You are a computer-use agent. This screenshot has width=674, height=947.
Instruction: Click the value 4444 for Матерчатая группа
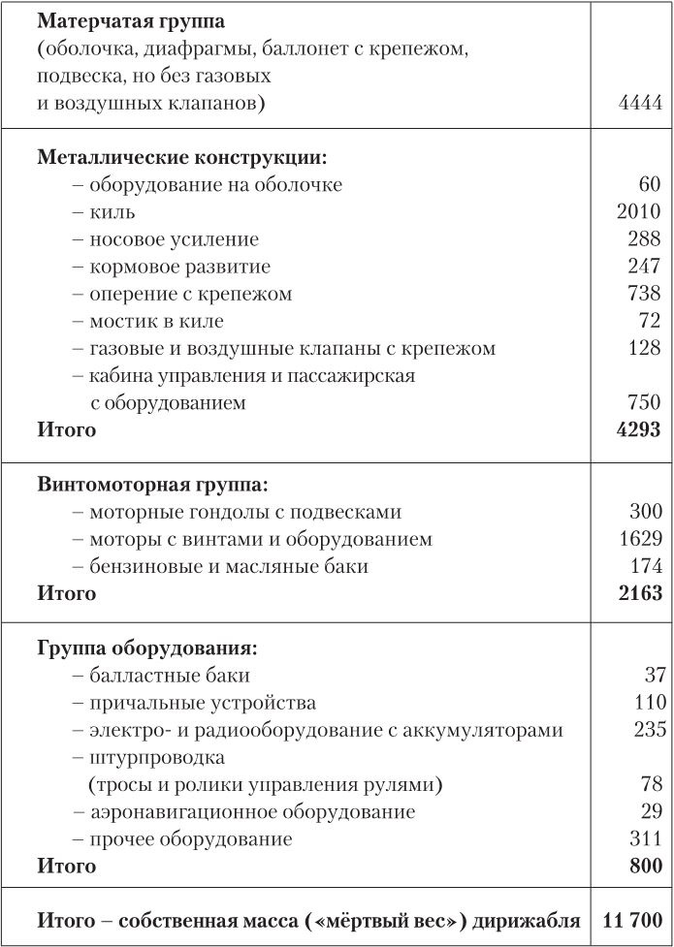tap(639, 103)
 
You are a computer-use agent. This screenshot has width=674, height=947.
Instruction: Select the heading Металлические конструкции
tap(181, 157)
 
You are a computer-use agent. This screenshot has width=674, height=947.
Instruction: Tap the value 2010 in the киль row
tap(638, 211)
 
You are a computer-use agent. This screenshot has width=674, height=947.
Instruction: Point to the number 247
tap(644, 266)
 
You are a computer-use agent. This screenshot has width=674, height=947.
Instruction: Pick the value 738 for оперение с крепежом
tap(644, 293)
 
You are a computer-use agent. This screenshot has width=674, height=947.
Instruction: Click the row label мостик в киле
tap(156, 320)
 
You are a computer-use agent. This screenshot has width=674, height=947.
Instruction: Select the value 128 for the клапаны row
tap(644, 347)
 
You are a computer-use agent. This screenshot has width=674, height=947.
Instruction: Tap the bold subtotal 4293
tap(638, 428)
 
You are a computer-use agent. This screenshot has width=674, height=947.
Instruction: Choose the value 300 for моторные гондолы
tap(644, 511)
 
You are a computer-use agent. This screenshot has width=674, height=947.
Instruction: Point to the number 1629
tap(639, 538)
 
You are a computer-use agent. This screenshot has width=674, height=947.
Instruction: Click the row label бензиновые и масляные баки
tap(229, 565)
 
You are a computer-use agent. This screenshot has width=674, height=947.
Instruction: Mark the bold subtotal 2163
tap(639, 592)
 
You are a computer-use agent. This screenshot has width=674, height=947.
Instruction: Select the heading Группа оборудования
tap(146, 647)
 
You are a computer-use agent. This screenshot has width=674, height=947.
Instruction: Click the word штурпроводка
tap(156, 757)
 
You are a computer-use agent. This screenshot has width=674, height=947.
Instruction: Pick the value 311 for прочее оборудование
tap(645, 838)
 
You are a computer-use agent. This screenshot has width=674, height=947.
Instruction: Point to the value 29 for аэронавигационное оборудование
tap(651, 811)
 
